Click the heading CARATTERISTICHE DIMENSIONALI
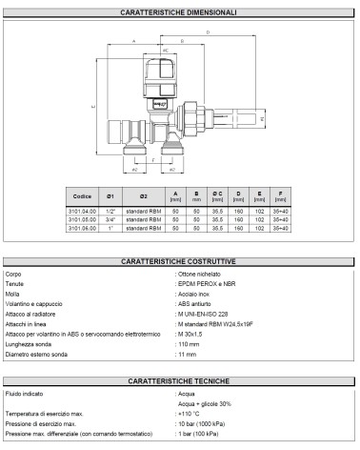[180, 11]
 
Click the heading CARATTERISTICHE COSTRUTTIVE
[180, 260]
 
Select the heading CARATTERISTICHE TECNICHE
[180, 379]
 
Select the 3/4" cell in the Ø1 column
[112, 220]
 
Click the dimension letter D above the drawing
[208, 31]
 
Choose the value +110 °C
[189, 415]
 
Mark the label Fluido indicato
[28, 393]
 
